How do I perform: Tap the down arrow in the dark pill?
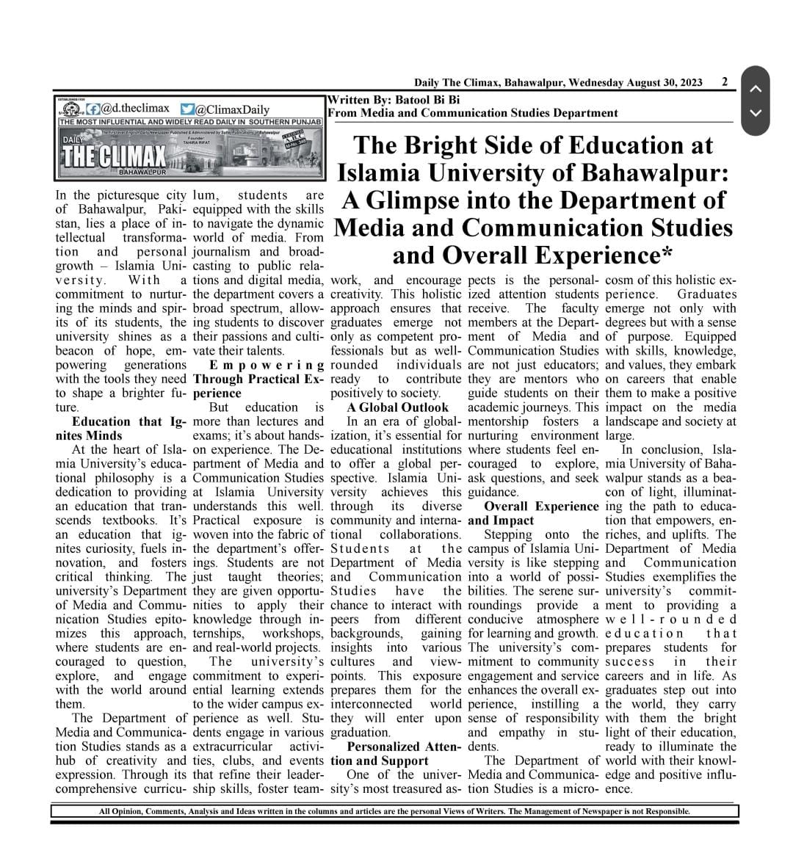pyautogui.click(x=755, y=113)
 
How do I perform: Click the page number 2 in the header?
pyautogui.click(x=725, y=82)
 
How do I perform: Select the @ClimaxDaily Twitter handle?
pyautogui.click(x=232, y=109)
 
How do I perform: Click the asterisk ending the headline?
pyautogui.click(x=667, y=256)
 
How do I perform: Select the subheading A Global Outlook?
pyautogui.click(x=397, y=407)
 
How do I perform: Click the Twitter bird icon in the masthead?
pyautogui.click(x=187, y=109)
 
